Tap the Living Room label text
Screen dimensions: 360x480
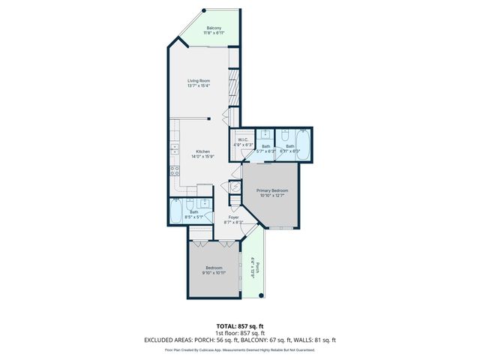click(x=199, y=80)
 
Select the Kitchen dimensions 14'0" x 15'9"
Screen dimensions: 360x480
click(x=199, y=156)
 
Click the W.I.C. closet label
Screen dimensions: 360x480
click(x=243, y=139)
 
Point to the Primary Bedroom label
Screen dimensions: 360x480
click(x=272, y=190)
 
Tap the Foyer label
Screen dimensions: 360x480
click(x=234, y=217)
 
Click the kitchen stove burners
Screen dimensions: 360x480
click(x=175, y=180)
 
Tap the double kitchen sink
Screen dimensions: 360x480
click(x=173, y=148)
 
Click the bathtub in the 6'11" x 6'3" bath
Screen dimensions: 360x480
click(x=303, y=142)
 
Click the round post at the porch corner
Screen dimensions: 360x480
click(x=261, y=296)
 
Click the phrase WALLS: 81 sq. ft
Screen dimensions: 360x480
click(x=319, y=340)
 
